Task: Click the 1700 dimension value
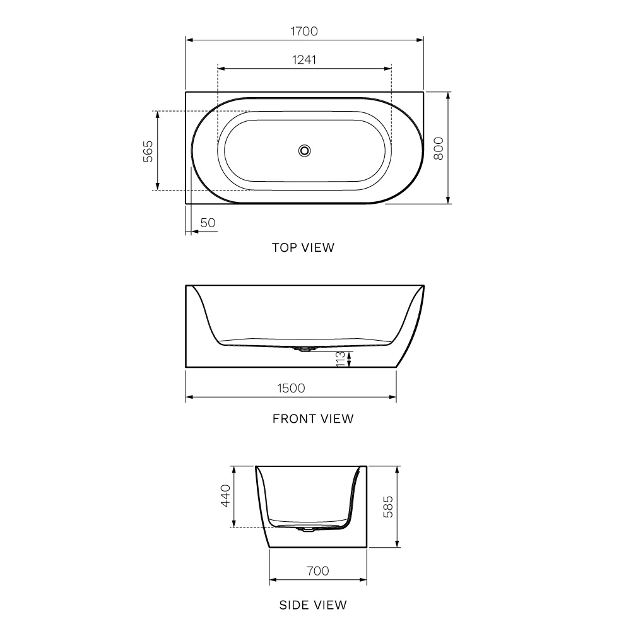pos(304,31)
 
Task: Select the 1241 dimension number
pos(304,59)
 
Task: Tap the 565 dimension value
pos(148,151)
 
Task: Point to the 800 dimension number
pos(439,148)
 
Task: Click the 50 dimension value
pos(208,223)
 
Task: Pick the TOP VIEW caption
pos(303,247)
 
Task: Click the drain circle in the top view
pos(305,151)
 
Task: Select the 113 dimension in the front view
pos(341,359)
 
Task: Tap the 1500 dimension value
pos(291,388)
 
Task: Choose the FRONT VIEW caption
pos(313,419)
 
